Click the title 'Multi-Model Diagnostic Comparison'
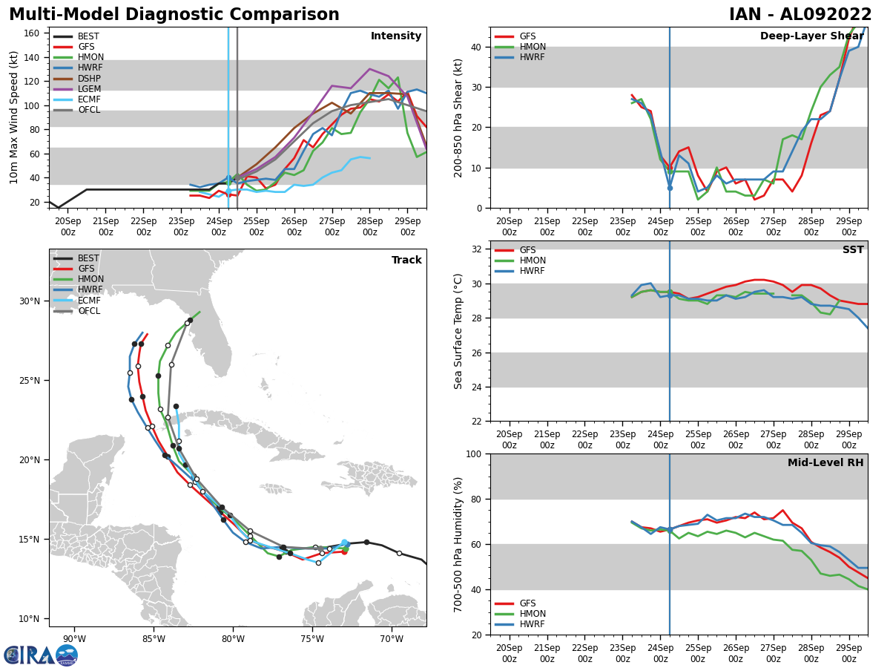174,15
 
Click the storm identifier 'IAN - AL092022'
800,15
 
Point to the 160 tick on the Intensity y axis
33,33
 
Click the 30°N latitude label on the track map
30,301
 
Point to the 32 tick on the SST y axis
478,249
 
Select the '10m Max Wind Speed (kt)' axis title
14,117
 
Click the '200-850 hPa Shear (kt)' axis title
458,117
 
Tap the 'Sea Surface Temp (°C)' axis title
458,331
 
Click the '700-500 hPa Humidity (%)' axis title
458,544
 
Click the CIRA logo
41,655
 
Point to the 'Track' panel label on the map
406,261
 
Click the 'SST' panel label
853,250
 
